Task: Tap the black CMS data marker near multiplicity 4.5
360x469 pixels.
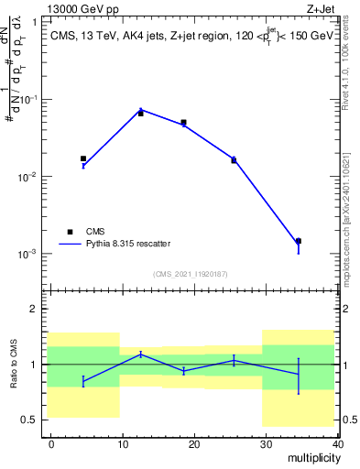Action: pos(83,158)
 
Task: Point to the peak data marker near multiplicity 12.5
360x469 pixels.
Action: pos(140,113)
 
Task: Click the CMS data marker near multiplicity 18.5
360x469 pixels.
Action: pos(183,122)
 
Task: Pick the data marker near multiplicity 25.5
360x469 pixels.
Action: pos(234,160)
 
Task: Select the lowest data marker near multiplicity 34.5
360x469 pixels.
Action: pos(299,241)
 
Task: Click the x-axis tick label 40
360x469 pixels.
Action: pos(337,443)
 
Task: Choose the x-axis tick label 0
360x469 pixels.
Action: pos(51,443)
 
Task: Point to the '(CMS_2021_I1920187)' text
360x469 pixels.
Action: pos(191,274)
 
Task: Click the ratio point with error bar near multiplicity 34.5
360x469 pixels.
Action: pos(299,374)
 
